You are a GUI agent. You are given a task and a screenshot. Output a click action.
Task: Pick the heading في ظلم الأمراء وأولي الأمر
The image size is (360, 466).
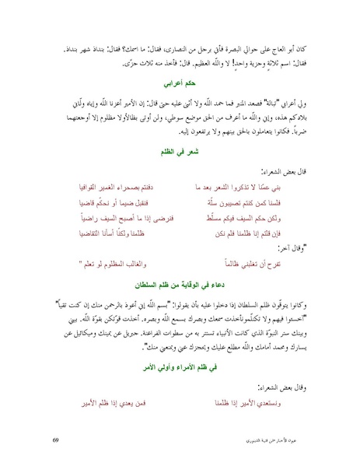(x=180, y=364)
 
